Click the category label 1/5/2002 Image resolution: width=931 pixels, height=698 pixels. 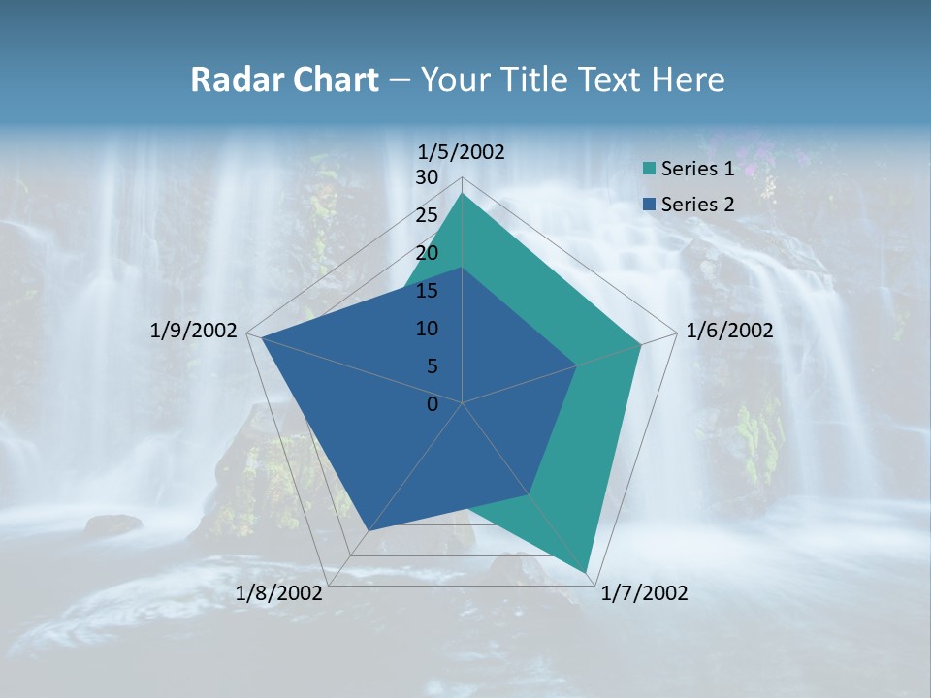click(462, 151)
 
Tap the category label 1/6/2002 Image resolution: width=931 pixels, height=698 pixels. click(729, 331)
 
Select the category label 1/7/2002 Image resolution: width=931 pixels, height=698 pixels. click(645, 593)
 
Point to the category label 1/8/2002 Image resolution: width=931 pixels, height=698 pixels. click(279, 593)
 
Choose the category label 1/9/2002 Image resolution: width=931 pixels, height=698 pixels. click(194, 331)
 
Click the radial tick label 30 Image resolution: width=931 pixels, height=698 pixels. click(427, 177)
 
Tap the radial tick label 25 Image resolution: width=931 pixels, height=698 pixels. click(427, 215)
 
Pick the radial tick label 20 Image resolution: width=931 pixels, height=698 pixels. click(427, 253)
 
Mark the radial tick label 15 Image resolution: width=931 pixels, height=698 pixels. click(427, 291)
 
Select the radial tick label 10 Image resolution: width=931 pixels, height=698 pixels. click(427, 329)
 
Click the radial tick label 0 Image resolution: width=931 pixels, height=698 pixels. click(433, 404)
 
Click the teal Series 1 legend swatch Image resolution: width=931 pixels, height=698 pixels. click(649, 170)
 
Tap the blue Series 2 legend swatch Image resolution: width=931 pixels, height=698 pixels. click(649, 205)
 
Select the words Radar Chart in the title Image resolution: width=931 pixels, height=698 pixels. click(284, 79)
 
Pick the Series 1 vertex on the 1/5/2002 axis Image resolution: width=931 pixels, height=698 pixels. click(462, 193)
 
